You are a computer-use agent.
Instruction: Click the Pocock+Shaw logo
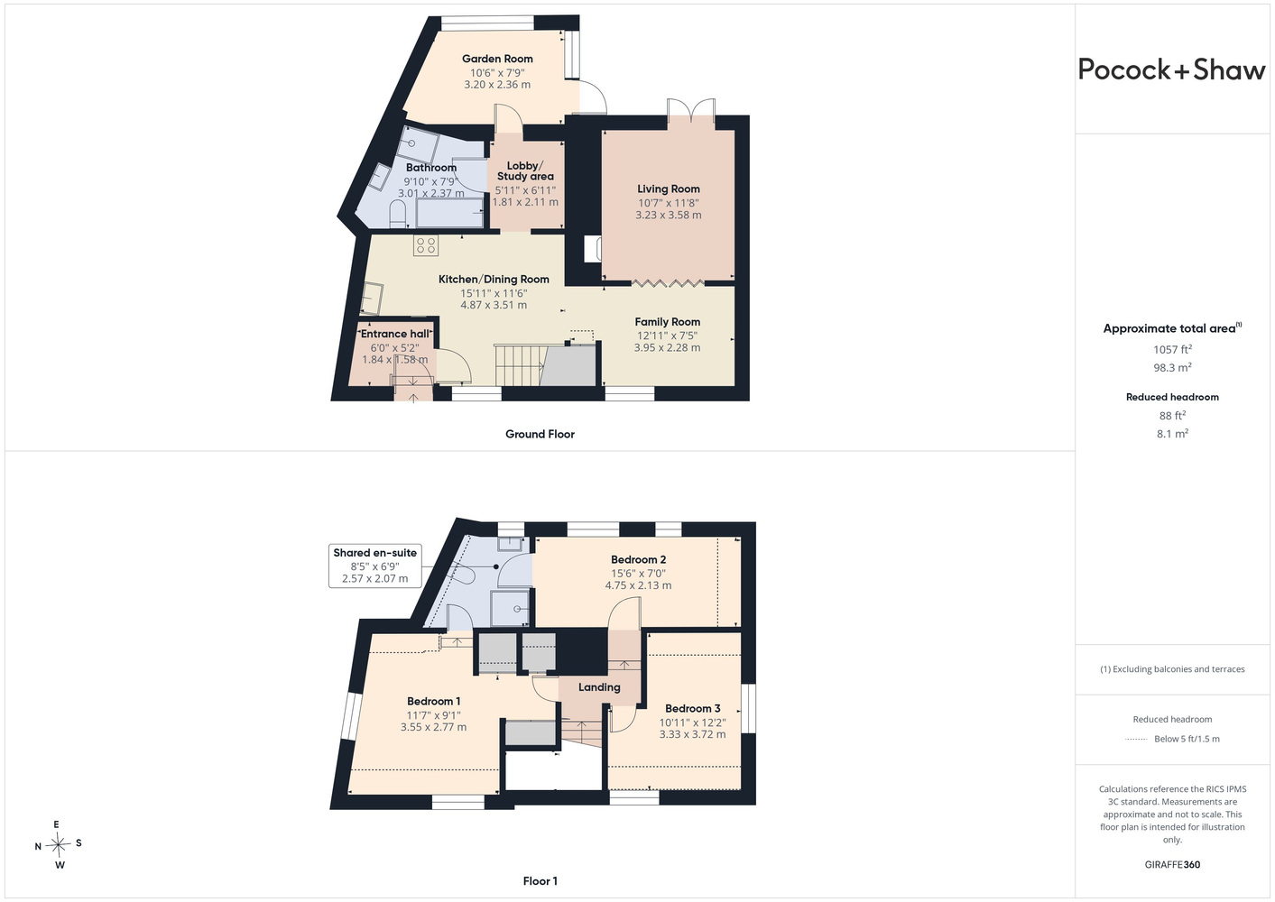coord(1171,69)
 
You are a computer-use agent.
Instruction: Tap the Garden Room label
coord(497,59)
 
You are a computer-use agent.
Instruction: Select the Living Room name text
coord(669,189)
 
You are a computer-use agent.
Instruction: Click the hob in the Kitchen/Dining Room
coord(426,246)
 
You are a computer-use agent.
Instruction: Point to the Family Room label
coord(667,322)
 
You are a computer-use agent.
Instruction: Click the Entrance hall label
coord(395,334)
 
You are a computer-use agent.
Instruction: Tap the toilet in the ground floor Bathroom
coord(397,216)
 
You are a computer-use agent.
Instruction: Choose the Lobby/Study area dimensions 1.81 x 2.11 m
coord(525,202)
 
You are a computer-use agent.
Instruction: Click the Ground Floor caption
coord(540,434)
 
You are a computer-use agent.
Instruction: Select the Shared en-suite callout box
coord(375,566)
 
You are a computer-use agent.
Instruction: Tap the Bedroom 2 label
coord(638,560)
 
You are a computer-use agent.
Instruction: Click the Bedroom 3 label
coord(693,708)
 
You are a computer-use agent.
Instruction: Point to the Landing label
coord(599,687)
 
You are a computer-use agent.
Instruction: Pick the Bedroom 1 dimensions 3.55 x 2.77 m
coord(434,727)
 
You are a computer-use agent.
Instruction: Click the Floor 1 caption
coord(540,881)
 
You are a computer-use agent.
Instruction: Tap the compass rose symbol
coord(58,845)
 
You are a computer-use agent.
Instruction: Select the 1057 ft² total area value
coord(1172,349)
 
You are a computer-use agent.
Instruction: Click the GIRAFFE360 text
coord(1172,865)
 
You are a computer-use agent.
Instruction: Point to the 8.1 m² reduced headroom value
coord(1172,434)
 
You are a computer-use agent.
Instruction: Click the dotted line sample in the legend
coord(1135,740)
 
